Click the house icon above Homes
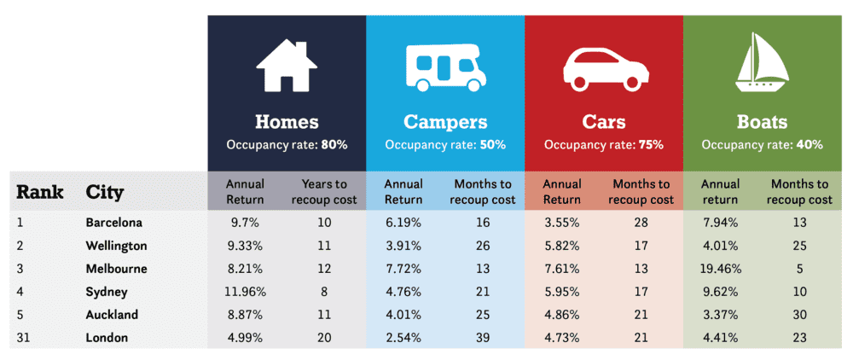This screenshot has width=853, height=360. (x=287, y=67)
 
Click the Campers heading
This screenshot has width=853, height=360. (x=445, y=122)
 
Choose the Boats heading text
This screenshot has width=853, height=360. (x=762, y=122)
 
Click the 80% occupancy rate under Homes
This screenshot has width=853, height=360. (x=334, y=145)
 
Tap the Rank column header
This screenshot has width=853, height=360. (x=40, y=192)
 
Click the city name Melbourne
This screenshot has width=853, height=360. (x=118, y=269)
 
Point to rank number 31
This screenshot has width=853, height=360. (x=24, y=338)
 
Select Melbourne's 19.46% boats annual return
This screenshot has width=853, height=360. (x=721, y=269)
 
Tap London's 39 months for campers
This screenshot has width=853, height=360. (x=483, y=338)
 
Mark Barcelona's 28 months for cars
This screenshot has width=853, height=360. (x=642, y=223)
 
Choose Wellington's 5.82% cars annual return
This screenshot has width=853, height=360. (x=561, y=246)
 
